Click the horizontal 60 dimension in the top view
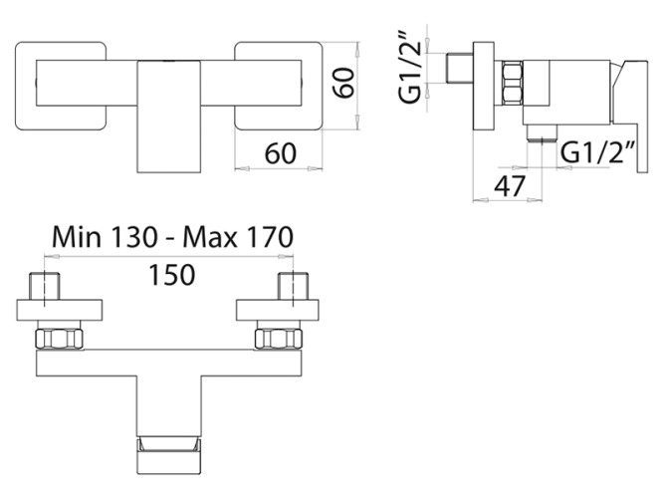click(x=283, y=154)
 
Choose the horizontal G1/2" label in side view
click(x=596, y=152)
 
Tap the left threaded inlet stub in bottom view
click(x=47, y=285)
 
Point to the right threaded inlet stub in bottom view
click(x=291, y=285)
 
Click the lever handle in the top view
click(x=168, y=115)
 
